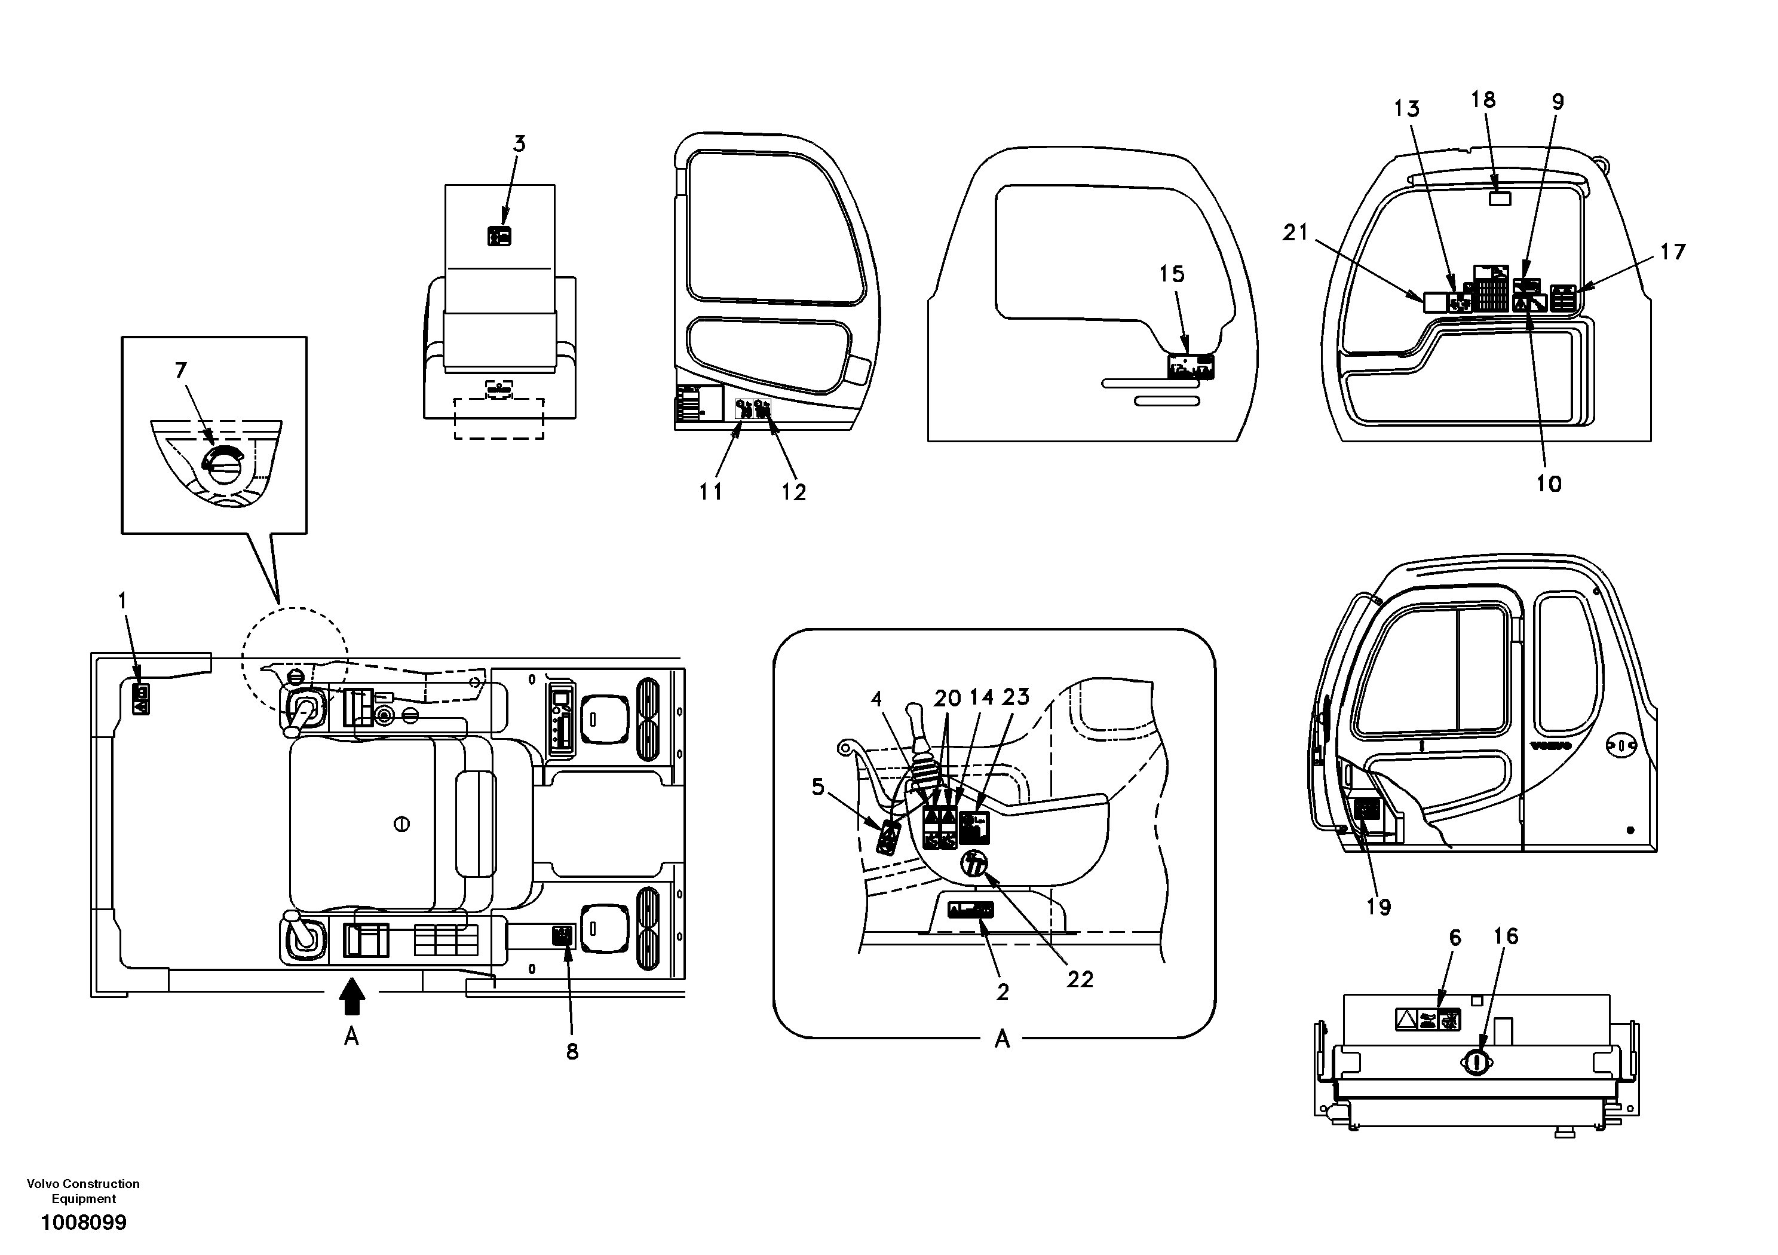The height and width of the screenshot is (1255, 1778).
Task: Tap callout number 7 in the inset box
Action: click(180, 371)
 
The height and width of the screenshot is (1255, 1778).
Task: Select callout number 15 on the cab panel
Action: click(1172, 274)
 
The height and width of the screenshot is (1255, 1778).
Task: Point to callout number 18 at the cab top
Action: click(1483, 100)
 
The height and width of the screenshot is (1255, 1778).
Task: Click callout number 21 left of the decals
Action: click(1295, 232)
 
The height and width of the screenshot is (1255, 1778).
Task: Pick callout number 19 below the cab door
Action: click(1378, 907)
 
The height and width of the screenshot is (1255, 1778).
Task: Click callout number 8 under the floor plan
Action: click(572, 1051)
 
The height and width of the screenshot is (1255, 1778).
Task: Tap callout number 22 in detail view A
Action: click(1080, 980)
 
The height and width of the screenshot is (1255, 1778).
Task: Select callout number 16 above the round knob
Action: click(1506, 936)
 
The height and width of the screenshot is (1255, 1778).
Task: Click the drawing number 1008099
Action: click(84, 1223)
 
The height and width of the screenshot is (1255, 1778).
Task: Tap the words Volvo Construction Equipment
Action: click(84, 1192)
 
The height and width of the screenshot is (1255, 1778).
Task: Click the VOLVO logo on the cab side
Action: click(1550, 745)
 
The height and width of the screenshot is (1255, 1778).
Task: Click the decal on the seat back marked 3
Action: click(499, 236)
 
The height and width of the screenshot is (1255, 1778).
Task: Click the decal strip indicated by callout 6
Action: click(1428, 1020)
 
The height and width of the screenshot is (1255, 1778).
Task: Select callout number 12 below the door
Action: click(794, 492)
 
